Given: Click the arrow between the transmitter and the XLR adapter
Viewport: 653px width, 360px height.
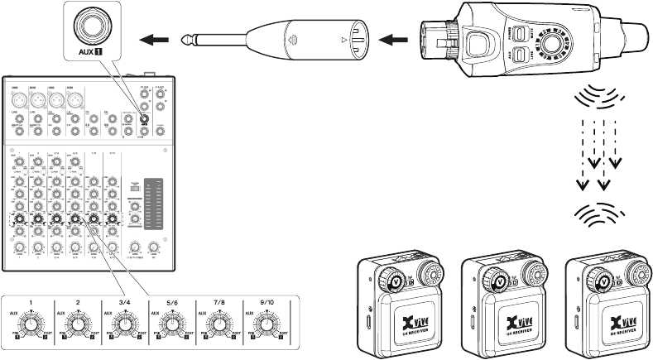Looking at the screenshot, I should coord(396,37).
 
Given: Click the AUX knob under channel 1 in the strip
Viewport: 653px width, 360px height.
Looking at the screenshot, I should coord(31,325).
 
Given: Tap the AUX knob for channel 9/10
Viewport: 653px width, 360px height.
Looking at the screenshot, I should coord(263,325).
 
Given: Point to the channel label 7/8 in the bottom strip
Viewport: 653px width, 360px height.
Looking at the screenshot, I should coord(217,303).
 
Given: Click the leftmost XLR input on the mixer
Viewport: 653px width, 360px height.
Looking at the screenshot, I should coord(17,98).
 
